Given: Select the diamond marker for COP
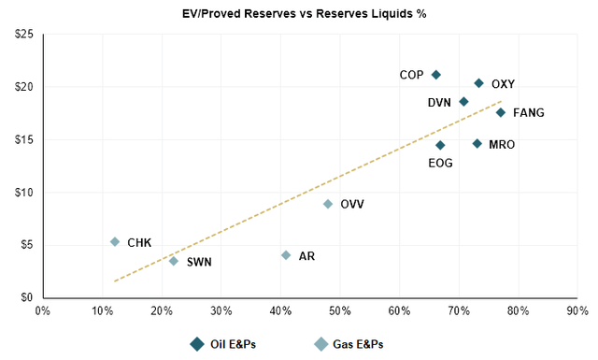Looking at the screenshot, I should pyautogui.click(x=436, y=75).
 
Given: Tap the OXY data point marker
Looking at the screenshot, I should pyautogui.click(x=479, y=83).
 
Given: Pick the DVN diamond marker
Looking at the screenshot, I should pyautogui.click(x=463, y=102).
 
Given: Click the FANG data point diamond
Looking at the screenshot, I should pyautogui.click(x=501, y=112).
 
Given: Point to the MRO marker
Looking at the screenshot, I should pyautogui.click(x=477, y=144).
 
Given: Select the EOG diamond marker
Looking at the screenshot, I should pyautogui.click(x=441, y=145).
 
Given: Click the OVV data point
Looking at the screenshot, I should pyautogui.click(x=328, y=204).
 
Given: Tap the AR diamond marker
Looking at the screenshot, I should pyautogui.click(x=286, y=255).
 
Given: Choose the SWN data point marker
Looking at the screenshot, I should pyautogui.click(x=174, y=261).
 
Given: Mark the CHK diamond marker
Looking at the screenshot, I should pyautogui.click(x=115, y=242).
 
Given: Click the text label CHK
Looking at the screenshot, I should pyautogui.click(x=140, y=242).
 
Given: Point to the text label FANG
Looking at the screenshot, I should pyautogui.click(x=529, y=113).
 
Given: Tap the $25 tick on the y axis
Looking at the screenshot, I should pyautogui.click(x=25, y=35).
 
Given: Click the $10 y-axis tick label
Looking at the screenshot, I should pyautogui.click(x=25, y=193).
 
